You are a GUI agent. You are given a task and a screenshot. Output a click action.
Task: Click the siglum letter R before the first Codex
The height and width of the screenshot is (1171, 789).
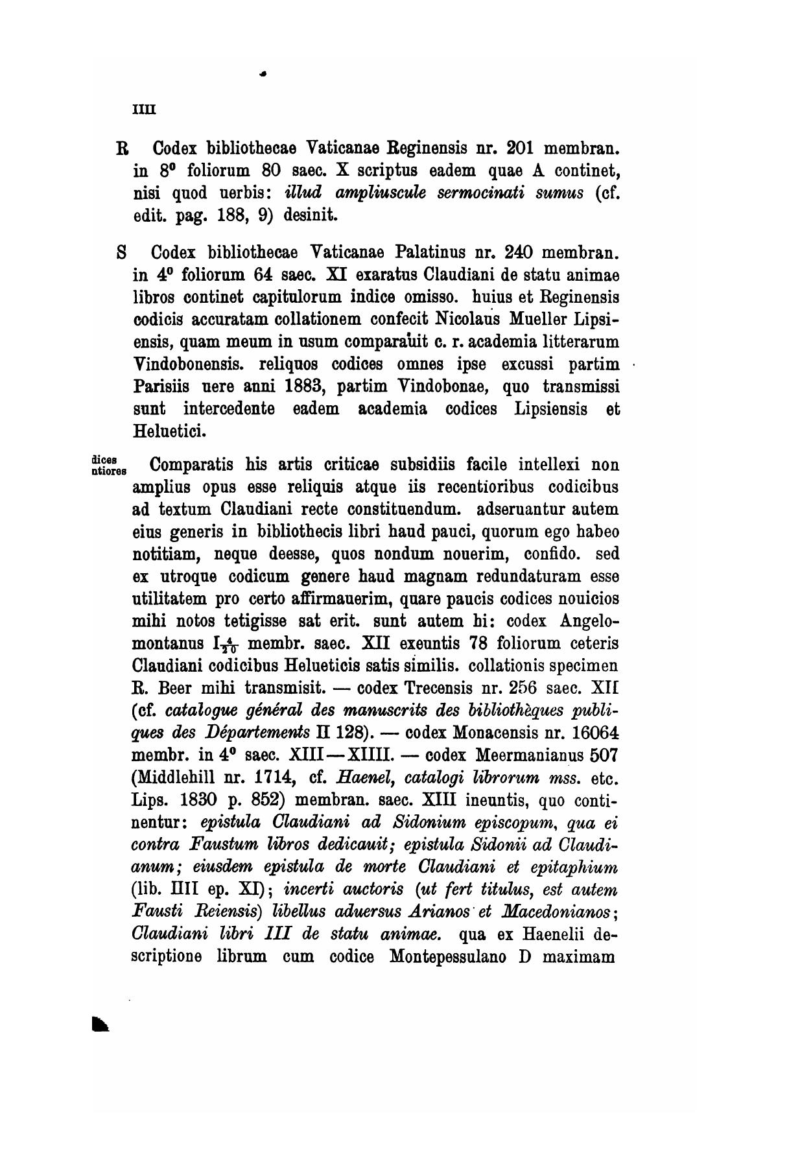pyautogui.click(x=121, y=148)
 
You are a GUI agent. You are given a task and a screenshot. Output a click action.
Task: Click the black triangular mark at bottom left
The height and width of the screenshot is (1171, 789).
pyautogui.click(x=100, y=1024)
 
